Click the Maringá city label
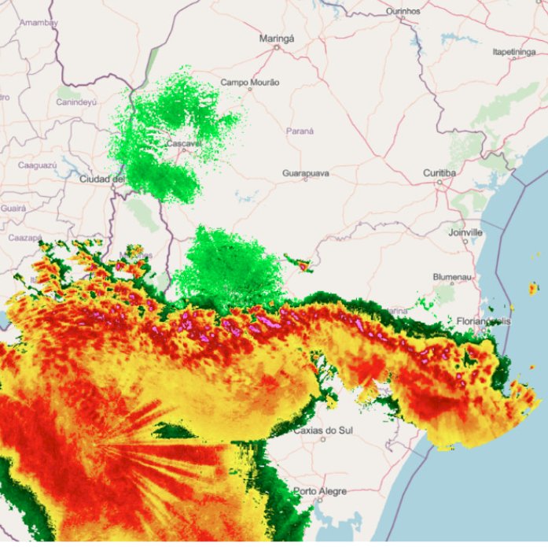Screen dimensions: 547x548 tap(276, 37)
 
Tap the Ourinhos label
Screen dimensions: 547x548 tap(404, 12)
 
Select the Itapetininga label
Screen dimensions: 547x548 tap(513, 52)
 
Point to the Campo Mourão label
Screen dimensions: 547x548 tap(249, 82)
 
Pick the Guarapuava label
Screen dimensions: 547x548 tap(305, 173)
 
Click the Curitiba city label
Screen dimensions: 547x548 tap(440, 172)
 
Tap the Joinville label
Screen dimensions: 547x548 tap(465, 233)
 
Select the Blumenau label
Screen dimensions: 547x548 tap(451, 277)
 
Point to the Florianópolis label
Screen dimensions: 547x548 tap(484, 321)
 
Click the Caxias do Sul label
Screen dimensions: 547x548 tap(322, 431)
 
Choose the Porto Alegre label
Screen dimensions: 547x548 tap(320, 491)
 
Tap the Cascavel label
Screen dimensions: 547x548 tap(185, 144)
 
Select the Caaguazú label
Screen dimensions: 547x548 tap(38, 166)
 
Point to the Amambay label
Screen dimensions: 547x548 tap(39, 23)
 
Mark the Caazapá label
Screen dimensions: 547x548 tap(24, 237)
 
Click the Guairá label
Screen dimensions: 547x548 tap(13, 209)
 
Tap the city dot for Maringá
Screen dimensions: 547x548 tap(276, 47)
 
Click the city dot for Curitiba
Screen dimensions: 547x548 tap(440, 182)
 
